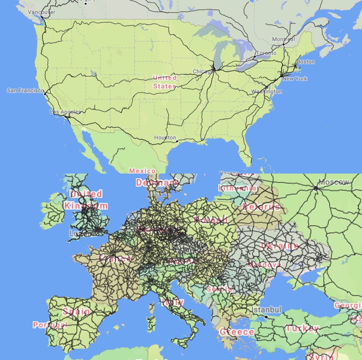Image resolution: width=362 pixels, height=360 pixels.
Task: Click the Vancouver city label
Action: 42,12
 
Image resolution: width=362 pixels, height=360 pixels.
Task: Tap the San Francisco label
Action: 25,91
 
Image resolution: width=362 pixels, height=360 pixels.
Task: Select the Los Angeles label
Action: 65,112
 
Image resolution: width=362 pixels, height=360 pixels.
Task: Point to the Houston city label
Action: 165,137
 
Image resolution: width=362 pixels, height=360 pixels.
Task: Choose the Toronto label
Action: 266,53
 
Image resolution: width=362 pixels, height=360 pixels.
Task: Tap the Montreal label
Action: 283,39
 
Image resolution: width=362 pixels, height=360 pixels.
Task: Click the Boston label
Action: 305,62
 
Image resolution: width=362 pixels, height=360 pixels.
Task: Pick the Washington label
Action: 267,91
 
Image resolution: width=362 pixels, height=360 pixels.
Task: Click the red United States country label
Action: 165,82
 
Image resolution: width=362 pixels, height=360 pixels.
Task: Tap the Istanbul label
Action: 266,309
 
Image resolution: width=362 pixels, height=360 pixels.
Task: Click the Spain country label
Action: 76,311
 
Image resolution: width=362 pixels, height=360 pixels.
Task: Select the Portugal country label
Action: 50,324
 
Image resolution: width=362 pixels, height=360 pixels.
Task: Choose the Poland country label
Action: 210,220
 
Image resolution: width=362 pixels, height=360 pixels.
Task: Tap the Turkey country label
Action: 302,328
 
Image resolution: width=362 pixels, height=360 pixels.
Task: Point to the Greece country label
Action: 237,332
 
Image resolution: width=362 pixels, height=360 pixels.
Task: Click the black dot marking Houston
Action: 177,141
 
